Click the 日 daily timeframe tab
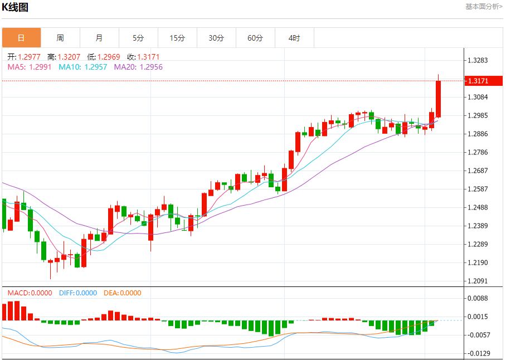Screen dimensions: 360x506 pos(21,38)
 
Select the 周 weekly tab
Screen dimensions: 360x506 pos(60,38)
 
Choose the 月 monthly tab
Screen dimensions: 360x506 pos(99,38)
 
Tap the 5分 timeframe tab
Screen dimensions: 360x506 pos(138,38)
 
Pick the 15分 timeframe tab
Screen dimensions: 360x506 pos(177,38)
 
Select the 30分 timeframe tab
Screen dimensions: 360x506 pos(216,38)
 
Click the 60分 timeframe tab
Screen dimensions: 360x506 pos(255,38)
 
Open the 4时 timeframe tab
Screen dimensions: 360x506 pos(294,38)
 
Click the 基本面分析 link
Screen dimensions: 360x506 pos(484,7)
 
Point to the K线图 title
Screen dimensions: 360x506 pos(15,7)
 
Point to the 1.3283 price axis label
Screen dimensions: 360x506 pos(478,60)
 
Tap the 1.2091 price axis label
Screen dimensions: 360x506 pos(478,281)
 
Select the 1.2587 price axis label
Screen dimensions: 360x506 pos(478,189)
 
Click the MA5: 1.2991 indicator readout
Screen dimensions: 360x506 pos(30,67)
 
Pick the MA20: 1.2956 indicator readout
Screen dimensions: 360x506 pos(138,67)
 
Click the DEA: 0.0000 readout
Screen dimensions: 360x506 pos(123,293)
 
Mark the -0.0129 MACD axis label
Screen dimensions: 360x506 pos(478,353)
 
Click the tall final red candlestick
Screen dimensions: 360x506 pos(439,99)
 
